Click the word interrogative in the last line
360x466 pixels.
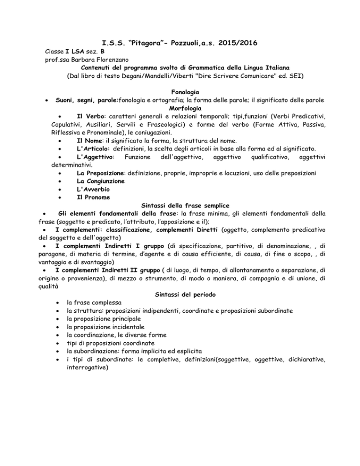pos(87,368)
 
